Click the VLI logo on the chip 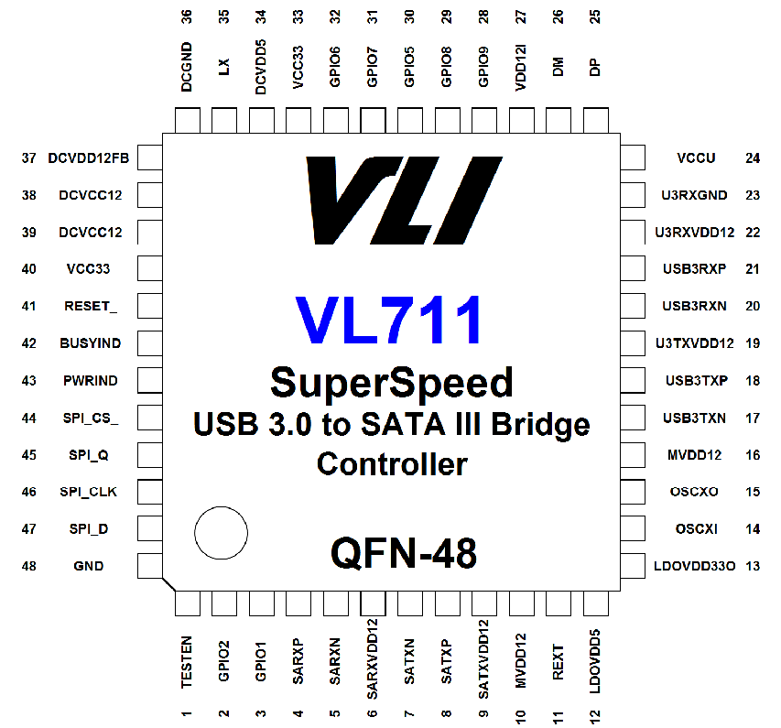tap(404, 201)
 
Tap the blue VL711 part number tap(388, 320)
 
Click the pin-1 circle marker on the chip tap(222, 533)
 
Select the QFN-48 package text tap(404, 552)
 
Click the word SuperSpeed tap(392, 383)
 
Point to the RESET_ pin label tap(91, 306)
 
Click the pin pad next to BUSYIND tap(150, 342)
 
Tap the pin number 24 tap(753, 158)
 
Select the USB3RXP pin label tap(694, 269)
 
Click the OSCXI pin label tap(697, 528)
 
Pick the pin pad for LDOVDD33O tap(633, 566)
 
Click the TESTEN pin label tap(186, 662)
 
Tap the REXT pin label tap(558, 662)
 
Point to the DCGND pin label tap(186, 67)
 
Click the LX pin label tap(223, 67)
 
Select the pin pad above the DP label tap(596, 120)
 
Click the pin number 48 tap(29, 566)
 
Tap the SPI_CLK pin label tap(89, 492)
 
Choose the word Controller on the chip tap(392, 464)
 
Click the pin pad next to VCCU tap(633, 158)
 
